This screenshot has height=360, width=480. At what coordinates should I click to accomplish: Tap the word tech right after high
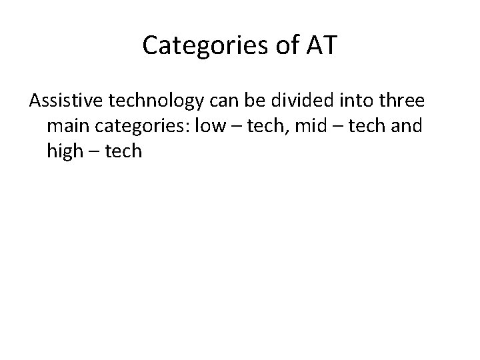124,151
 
